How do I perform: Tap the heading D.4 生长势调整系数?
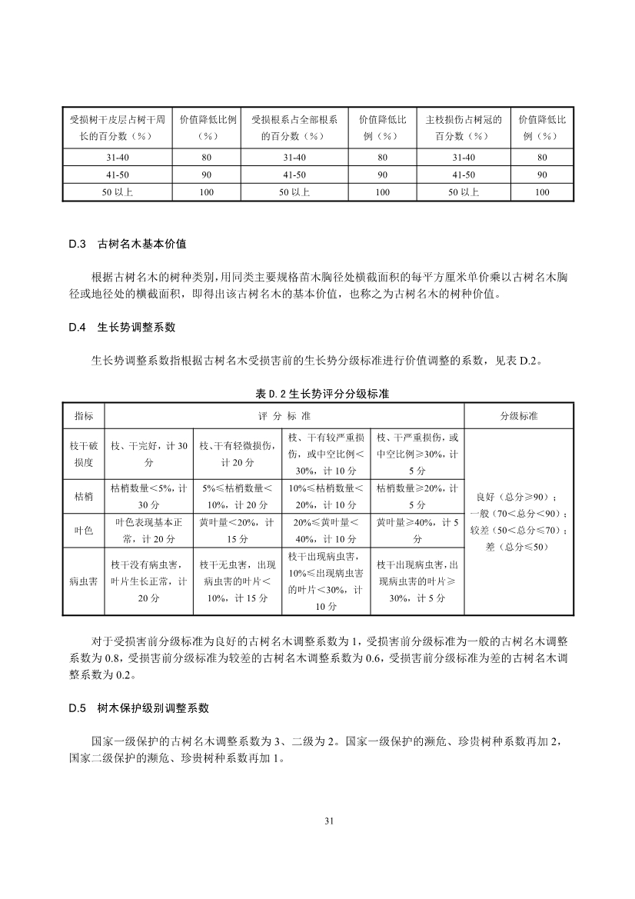(122, 327)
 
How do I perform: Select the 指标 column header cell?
(84, 416)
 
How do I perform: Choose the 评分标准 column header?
(289, 416)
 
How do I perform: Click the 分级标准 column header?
(519, 416)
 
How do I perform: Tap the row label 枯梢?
(84, 496)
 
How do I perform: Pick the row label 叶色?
(84, 531)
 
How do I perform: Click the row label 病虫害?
(84, 581)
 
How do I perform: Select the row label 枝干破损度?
(84, 455)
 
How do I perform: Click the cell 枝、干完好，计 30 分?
(149, 455)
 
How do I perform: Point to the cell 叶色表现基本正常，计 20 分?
(149, 531)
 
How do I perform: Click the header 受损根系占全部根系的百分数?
(294, 128)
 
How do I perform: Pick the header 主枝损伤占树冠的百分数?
(464, 128)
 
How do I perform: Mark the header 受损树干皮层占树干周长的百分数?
(117, 128)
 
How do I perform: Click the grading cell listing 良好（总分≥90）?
(519, 496)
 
